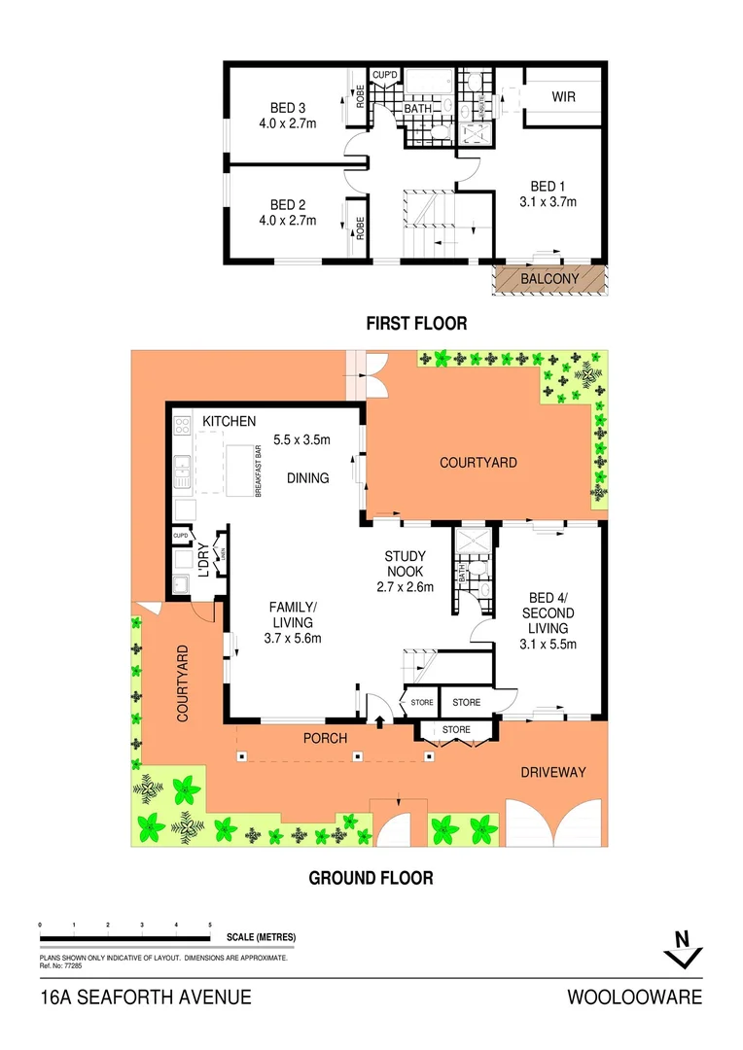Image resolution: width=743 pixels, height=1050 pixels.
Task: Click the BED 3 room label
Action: [288, 108]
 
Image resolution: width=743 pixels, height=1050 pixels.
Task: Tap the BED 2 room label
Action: [288, 204]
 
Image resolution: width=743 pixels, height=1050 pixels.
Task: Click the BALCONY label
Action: [549, 279]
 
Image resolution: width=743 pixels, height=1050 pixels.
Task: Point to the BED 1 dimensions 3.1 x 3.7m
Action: [548, 202]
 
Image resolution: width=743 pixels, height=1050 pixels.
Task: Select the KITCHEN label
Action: [229, 421]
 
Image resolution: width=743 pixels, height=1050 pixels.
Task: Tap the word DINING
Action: [308, 477]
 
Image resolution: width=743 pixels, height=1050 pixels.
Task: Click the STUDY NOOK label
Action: [404, 563]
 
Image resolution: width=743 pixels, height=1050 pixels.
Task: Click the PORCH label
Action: [325, 739]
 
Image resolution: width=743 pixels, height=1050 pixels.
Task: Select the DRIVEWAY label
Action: [553, 772]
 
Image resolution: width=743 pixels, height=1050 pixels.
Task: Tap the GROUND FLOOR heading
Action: [371, 878]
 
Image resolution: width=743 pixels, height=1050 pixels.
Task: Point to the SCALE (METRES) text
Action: [261, 937]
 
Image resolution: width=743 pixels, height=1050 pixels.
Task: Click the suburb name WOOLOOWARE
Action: [634, 997]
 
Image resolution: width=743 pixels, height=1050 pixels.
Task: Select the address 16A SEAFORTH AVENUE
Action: [146, 997]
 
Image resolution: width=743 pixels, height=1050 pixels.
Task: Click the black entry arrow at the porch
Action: [379, 720]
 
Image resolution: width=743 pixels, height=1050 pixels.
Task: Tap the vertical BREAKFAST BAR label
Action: [259, 471]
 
